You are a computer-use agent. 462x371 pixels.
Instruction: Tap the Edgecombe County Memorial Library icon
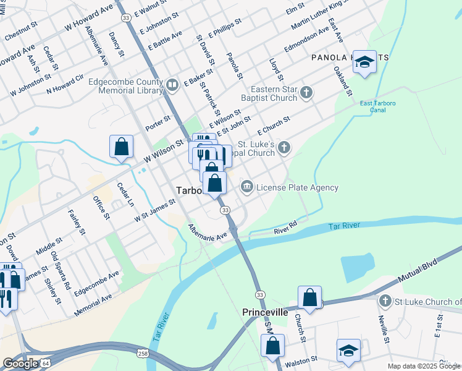tap(172, 85)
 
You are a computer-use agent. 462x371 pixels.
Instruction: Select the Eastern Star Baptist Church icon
tap(306, 93)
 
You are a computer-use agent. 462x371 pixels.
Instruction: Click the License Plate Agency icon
tap(247, 187)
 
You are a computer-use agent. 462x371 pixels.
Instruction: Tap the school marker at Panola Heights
tap(365, 62)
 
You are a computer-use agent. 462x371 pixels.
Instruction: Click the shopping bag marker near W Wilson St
tap(122, 147)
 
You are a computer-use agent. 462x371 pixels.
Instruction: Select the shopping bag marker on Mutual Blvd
tap(309, 297)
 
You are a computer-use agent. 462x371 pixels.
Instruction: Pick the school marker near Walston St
tap(348, 351)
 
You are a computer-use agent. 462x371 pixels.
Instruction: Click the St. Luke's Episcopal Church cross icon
tap(283, 147)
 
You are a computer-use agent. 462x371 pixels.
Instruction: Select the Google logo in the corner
tap(20, 364)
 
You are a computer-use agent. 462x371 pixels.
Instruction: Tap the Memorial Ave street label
tap(93, 305)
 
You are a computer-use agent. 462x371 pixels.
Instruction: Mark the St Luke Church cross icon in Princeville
tap(385, 301)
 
